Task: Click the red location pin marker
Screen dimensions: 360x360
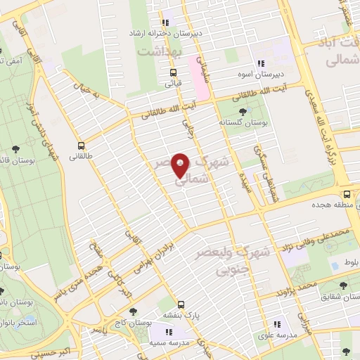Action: tap(181, 167)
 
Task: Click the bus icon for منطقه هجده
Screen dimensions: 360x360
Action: tap(347, 194)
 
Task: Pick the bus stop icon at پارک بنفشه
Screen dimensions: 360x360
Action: tap(181, 304)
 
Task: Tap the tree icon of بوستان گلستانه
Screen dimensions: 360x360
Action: tap(243, 111)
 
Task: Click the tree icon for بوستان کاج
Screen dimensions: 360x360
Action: tap(131, 310)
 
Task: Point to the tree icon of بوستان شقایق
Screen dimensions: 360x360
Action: tap(343, 285)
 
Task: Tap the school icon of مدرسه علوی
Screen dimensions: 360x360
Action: tap(276, 324)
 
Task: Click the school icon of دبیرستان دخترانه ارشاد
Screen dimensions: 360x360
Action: tap(166, 20)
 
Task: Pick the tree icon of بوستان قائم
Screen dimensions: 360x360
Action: tap(15, 148)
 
